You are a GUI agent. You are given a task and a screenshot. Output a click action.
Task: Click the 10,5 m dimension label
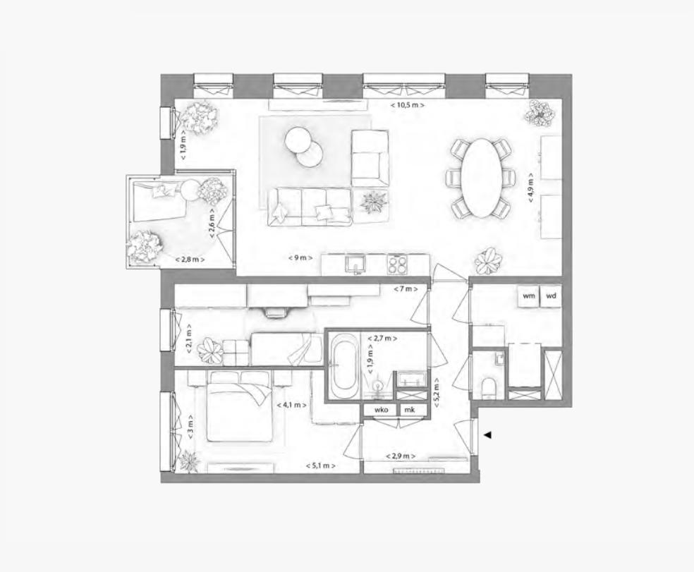(408, 104)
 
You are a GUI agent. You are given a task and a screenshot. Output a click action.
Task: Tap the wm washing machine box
(528, 296)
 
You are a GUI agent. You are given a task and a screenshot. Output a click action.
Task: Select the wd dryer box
(552, 296)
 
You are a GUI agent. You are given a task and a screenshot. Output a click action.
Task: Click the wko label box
(382, 409)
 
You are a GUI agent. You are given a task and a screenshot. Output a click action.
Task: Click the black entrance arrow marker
(487, 435)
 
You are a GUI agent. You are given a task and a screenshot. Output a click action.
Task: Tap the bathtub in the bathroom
(345, 367)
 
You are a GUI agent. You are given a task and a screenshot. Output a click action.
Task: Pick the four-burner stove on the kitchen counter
(398, 264)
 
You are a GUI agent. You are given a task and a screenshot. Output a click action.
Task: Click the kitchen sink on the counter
(354, 264)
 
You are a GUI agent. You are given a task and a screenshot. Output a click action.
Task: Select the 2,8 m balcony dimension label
(190, 260)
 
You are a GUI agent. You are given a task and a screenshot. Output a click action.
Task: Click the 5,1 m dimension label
(320, 465)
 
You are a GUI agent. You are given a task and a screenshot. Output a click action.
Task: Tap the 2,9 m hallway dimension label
(400, 457)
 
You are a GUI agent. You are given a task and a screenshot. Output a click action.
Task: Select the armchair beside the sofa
(370, 159)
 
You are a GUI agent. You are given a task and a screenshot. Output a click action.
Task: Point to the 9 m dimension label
(300, 258)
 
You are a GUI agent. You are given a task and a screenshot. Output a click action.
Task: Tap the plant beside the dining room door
(488, 262)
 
